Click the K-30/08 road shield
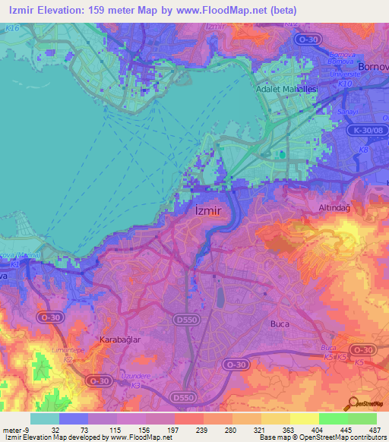pyautogui.click(x=367, y=131)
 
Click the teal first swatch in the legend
pyautogui.click(x=45, y=418)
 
